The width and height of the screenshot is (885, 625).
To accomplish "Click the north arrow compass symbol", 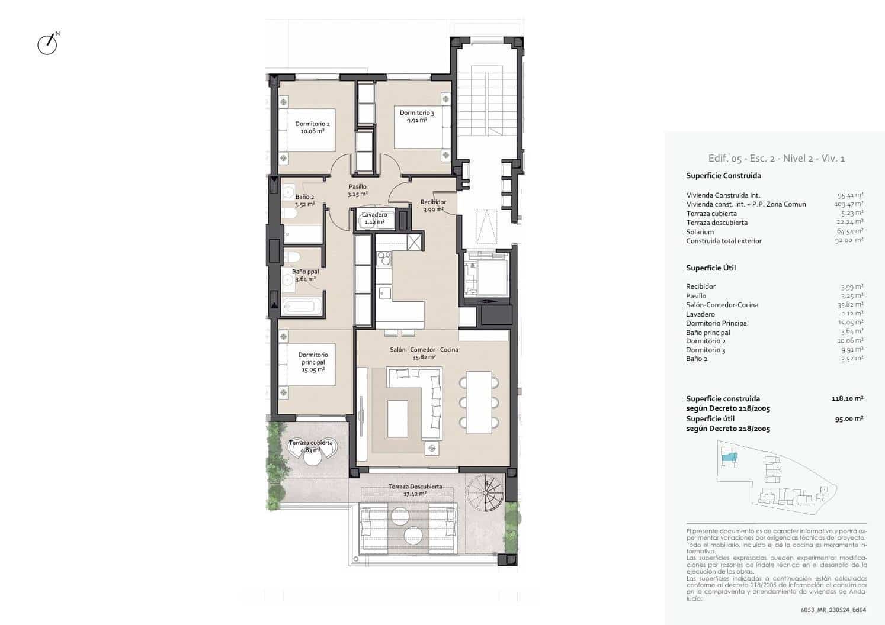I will pos(47,44).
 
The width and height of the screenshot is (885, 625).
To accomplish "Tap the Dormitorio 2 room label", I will pos(312,127).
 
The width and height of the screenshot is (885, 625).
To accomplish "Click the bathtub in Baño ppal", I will pos(303,307).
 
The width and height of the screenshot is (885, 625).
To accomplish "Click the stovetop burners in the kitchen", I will pos(384,258).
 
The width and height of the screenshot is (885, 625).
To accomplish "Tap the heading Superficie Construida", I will pos(723,176).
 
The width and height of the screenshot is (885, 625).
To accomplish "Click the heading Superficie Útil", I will pos(711,268).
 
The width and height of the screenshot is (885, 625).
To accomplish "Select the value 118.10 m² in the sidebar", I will pos(847,399).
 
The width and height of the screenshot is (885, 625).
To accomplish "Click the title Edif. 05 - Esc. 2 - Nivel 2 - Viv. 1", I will pos(776,158).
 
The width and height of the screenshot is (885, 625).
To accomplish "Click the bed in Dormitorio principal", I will pos(308,366).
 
